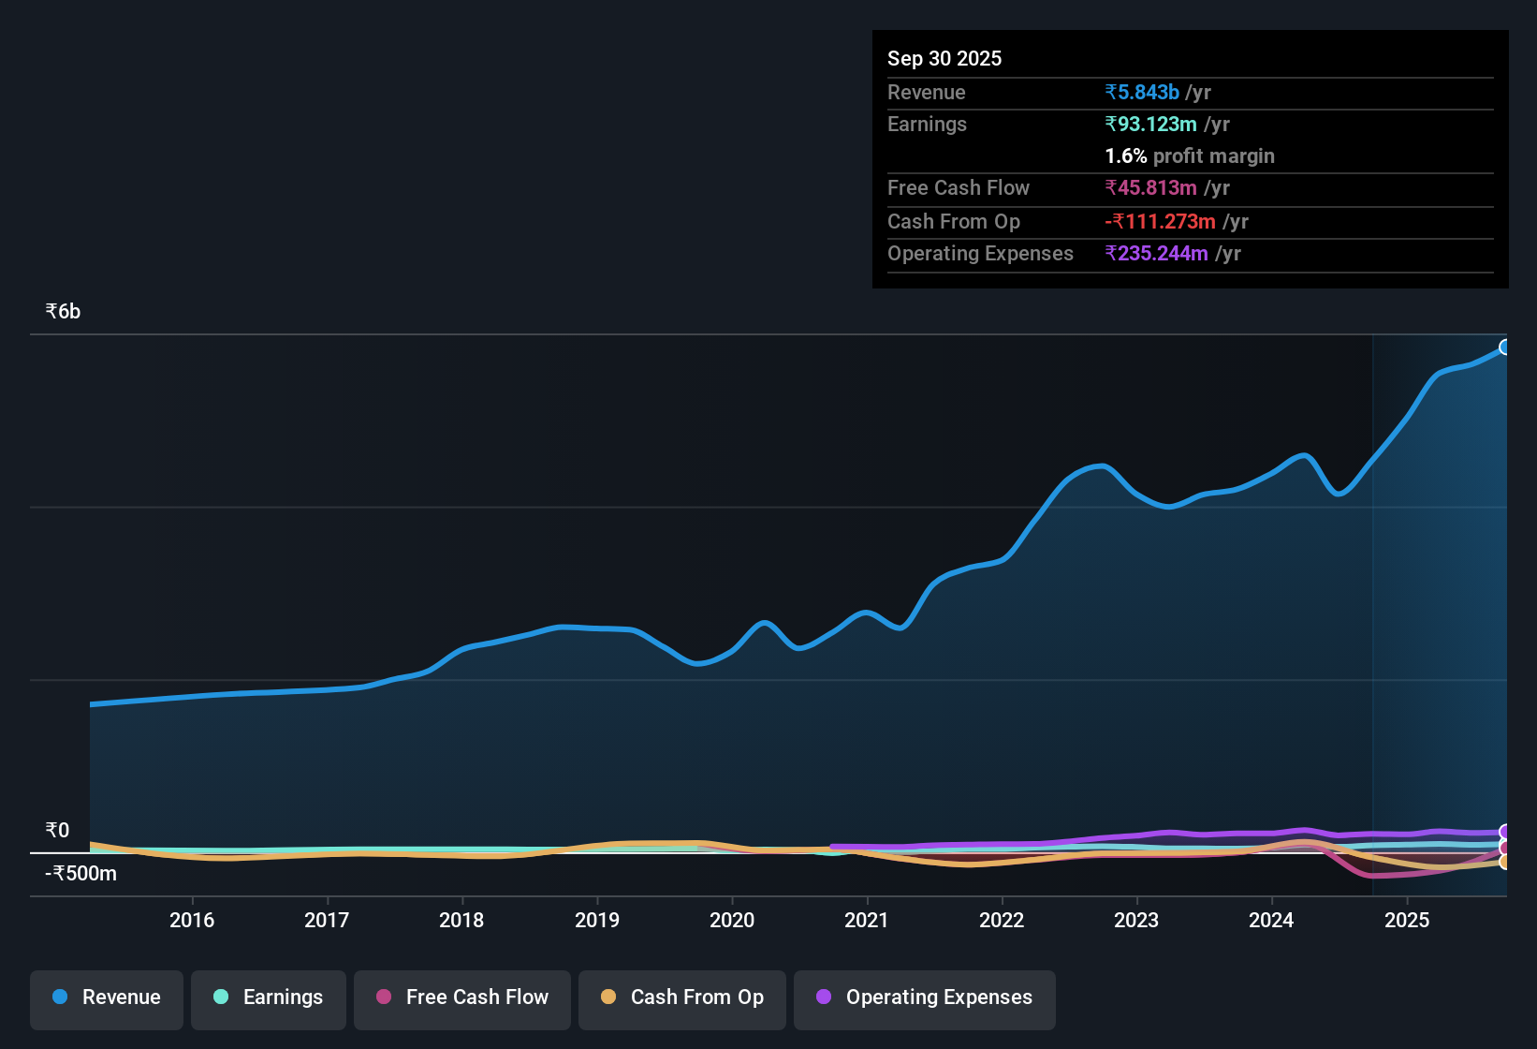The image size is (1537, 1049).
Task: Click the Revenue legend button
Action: click(x=107, y=997)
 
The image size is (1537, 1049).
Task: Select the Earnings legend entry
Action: click(x=269, y=997)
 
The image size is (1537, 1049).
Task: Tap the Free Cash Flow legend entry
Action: click(x=462, y=997)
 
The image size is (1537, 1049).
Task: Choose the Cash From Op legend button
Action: click(x=682, y=997)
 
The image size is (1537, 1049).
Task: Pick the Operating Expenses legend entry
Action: click(x=925, y=997)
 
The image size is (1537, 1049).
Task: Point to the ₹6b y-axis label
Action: click(x=63, y=312)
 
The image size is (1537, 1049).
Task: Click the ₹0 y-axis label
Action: click(x=57, y=831)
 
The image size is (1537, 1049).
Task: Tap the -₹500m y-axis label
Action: click(x=81, y=874)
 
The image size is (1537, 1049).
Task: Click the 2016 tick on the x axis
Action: click(x=192, y=921)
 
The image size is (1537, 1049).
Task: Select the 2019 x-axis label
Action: click(x=597, y=921)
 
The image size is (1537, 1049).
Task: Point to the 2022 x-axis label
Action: click(x=1002, y=921)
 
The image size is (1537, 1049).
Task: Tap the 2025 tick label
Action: click(x=1407, y=921)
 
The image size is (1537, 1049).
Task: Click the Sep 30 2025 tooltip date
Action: click(x=944, y=59)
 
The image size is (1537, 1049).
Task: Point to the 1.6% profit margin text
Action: click(x=1189, y=156)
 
